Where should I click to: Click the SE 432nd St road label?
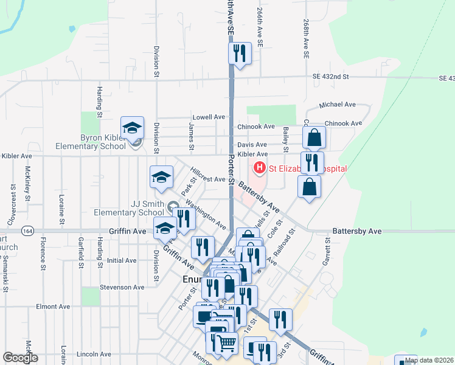tap(331, 77)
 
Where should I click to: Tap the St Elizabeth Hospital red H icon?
tap(260, 168)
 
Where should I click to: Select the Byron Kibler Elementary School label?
tap(91, 142)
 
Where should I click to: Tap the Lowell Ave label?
tap(209, 117)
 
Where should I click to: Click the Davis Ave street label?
tap(252, 145)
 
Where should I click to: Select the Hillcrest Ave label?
tap(208, 179)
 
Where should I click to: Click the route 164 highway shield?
tap(27, 231)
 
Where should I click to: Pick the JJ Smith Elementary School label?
tap(129, 208)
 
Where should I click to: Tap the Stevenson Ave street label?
tap(122, 287)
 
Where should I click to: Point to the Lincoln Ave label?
tap(94, 354)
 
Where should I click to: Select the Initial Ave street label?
tap(122, 260)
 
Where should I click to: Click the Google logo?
tap(20, 358)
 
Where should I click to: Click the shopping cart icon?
tap(227, 343)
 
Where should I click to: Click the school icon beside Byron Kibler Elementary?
tap(132, 128)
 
